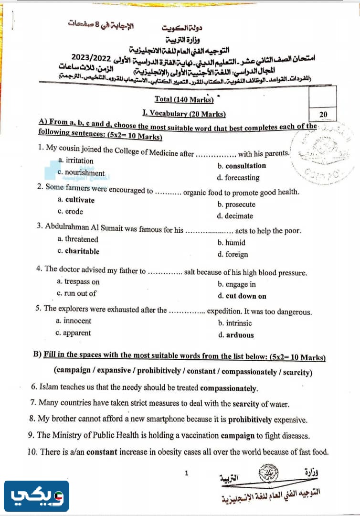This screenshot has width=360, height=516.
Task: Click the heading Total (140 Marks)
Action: (x=183, y=99)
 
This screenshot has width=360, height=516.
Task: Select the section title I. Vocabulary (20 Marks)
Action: (x=184, y=113)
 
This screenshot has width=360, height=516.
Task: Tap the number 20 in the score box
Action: (x=323, y=114)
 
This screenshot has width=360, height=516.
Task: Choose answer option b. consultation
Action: (x=242, y=166)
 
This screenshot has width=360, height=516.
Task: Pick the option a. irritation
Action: (x=75, y=161)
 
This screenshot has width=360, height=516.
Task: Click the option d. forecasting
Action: (x=238, y=178)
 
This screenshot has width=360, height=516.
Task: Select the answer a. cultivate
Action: (x=76, y=200)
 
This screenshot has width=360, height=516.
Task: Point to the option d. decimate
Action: (x=235, y=216)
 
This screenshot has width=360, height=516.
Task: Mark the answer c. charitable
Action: (x=78, y=251)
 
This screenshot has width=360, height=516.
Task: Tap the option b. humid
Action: (x=232, y=243)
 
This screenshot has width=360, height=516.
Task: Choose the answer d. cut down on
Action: (x=242, y=296)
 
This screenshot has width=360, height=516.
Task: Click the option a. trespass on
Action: (x=78, y=282)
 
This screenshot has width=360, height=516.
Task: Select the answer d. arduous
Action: (x=236, y=335)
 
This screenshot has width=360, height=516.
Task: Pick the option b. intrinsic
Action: (x=235, y=323)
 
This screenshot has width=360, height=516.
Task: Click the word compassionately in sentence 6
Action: (x=229, y=388)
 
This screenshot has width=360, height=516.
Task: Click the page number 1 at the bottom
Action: (x=187, y=473)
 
